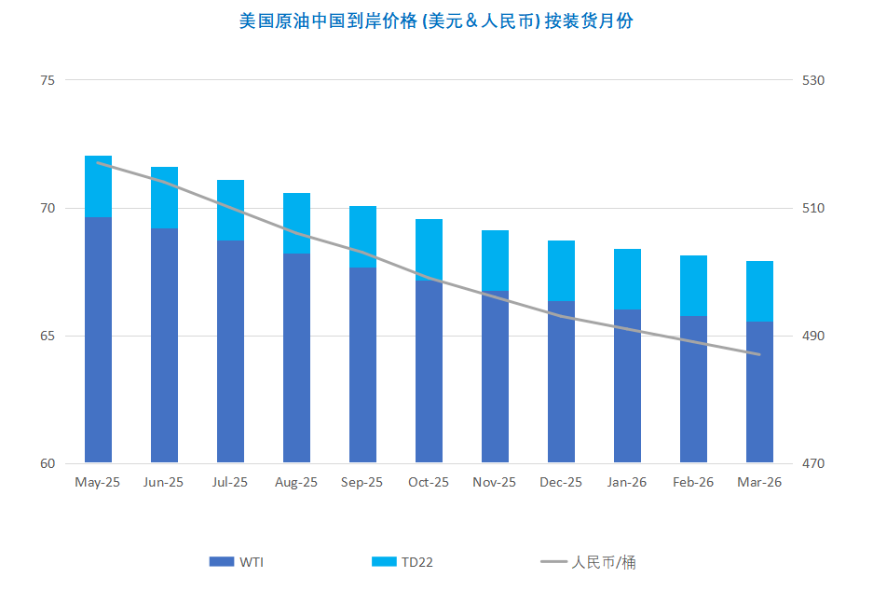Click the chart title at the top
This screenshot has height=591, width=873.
[436, 21]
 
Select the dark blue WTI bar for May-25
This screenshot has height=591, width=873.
[98, 340]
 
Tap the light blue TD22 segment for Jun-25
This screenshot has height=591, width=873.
[164, 198]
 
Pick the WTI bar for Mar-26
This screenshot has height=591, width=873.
[759, 392]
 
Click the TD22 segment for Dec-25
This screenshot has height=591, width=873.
[561, 270]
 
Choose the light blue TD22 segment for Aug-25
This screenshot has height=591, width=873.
[296, 223]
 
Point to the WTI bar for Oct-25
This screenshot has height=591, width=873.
[429, 371]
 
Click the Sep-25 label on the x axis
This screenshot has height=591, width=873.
[362, 482]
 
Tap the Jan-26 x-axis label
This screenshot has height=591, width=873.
[627, 482]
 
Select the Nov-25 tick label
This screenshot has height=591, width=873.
[495, 482]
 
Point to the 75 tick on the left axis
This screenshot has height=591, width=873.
[48, 80]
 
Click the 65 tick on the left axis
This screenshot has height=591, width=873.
[48, 336]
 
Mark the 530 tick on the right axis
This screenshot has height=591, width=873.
[814, 80]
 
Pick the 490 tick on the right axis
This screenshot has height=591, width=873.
[814, 336]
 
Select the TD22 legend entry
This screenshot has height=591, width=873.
[402, 561]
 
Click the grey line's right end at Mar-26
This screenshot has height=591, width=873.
[760, 354]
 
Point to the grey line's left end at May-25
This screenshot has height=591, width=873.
[98, 163]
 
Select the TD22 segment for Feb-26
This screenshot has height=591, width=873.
[693, 285]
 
